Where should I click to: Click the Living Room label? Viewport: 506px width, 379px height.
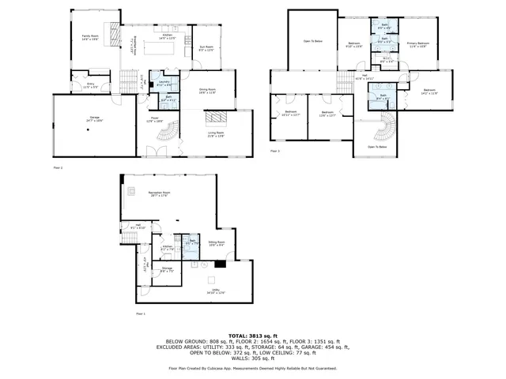click(216, 135)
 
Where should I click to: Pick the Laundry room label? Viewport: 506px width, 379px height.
click(164, 82)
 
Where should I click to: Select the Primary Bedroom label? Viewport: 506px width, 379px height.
click(418, 44)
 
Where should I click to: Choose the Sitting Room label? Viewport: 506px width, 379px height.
click(217, 242)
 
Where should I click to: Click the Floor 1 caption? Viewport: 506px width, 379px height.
click(141, 314)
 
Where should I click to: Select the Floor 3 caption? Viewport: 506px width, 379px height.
click(275, 151)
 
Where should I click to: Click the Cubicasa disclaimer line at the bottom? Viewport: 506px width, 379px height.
click(252, 368)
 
